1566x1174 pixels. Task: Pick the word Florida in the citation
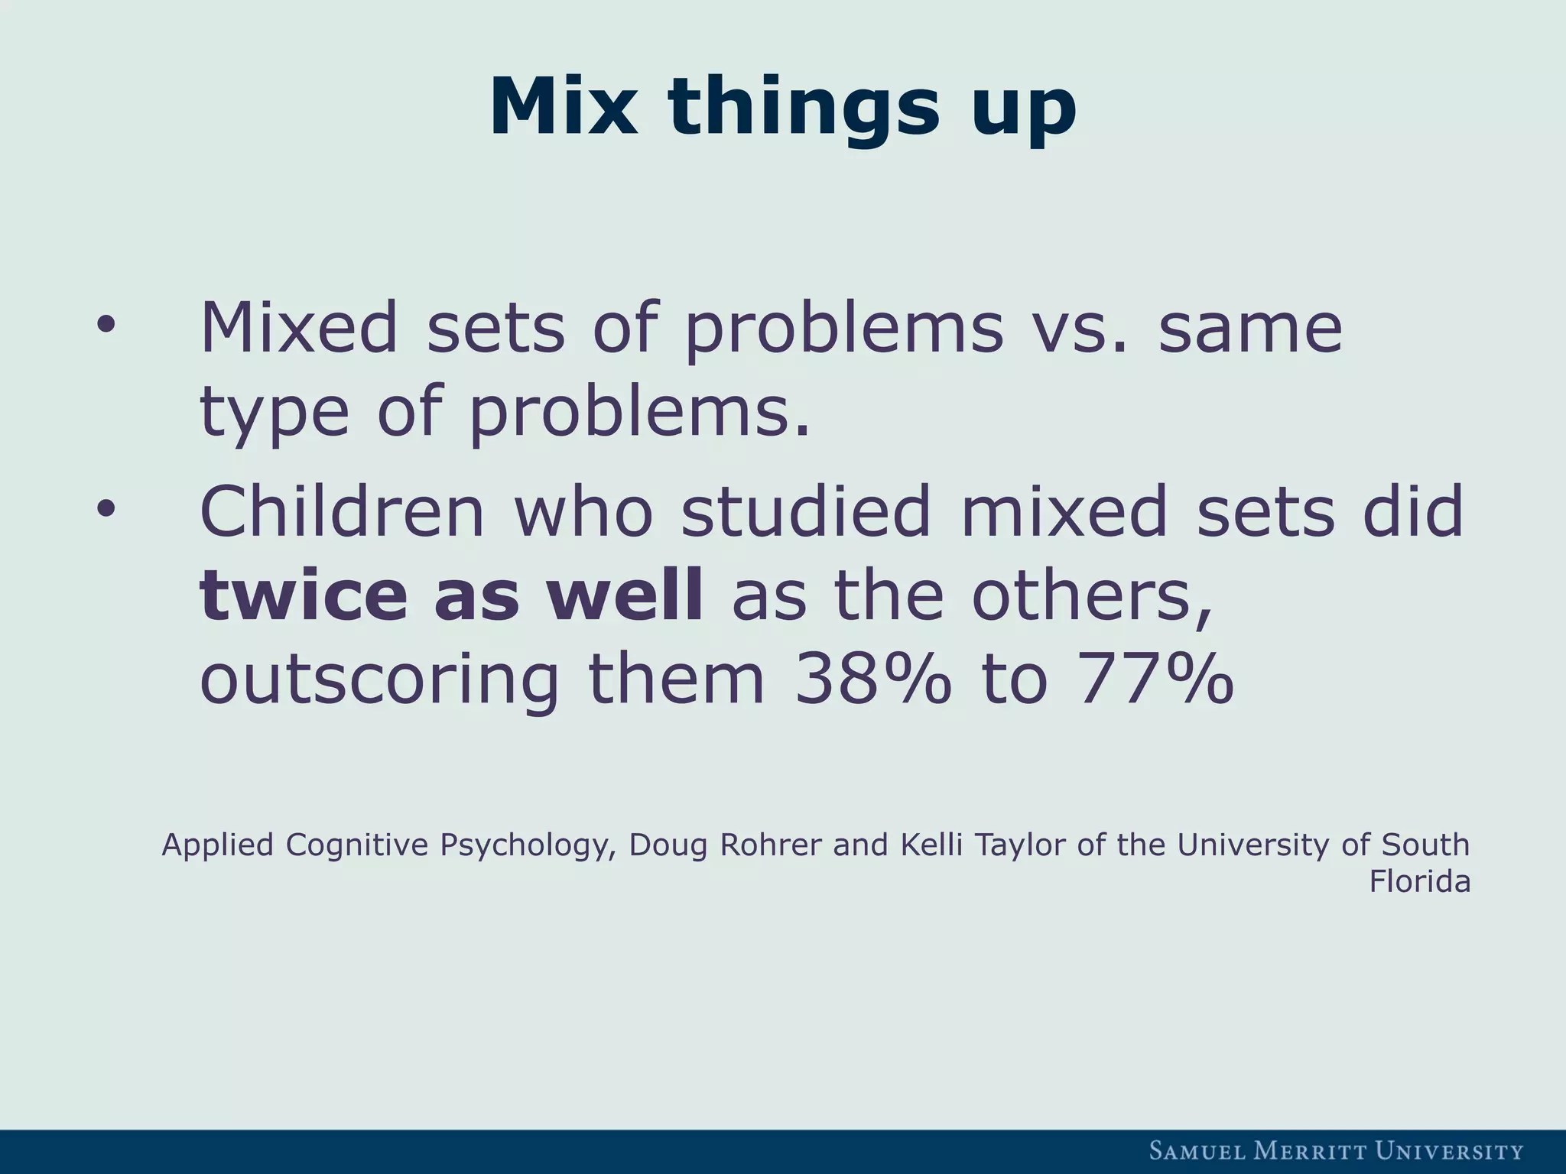click(1419, 882)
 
